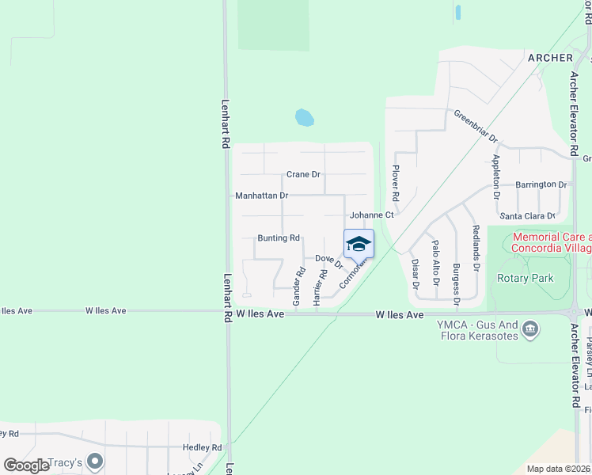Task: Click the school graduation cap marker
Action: pos(359,243)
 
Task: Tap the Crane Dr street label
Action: pos(303,174)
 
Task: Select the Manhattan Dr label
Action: pos(262,195)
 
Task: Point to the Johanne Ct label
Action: pos(372,215)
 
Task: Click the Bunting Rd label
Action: pos(279,237)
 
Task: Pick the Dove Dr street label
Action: pos(328,260)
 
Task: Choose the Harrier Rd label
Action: pos(319,287)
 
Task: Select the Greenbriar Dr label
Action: pos(476,126)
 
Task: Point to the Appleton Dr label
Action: pos(496,175)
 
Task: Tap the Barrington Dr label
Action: pos(541,184)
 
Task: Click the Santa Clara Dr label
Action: pos(527,215)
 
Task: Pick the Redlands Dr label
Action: pos(476,247)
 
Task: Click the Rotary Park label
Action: pos(526,278)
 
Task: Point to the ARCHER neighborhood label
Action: pos(549,58)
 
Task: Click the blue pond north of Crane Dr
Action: pos(304,119)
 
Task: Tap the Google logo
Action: pos(26,465)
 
